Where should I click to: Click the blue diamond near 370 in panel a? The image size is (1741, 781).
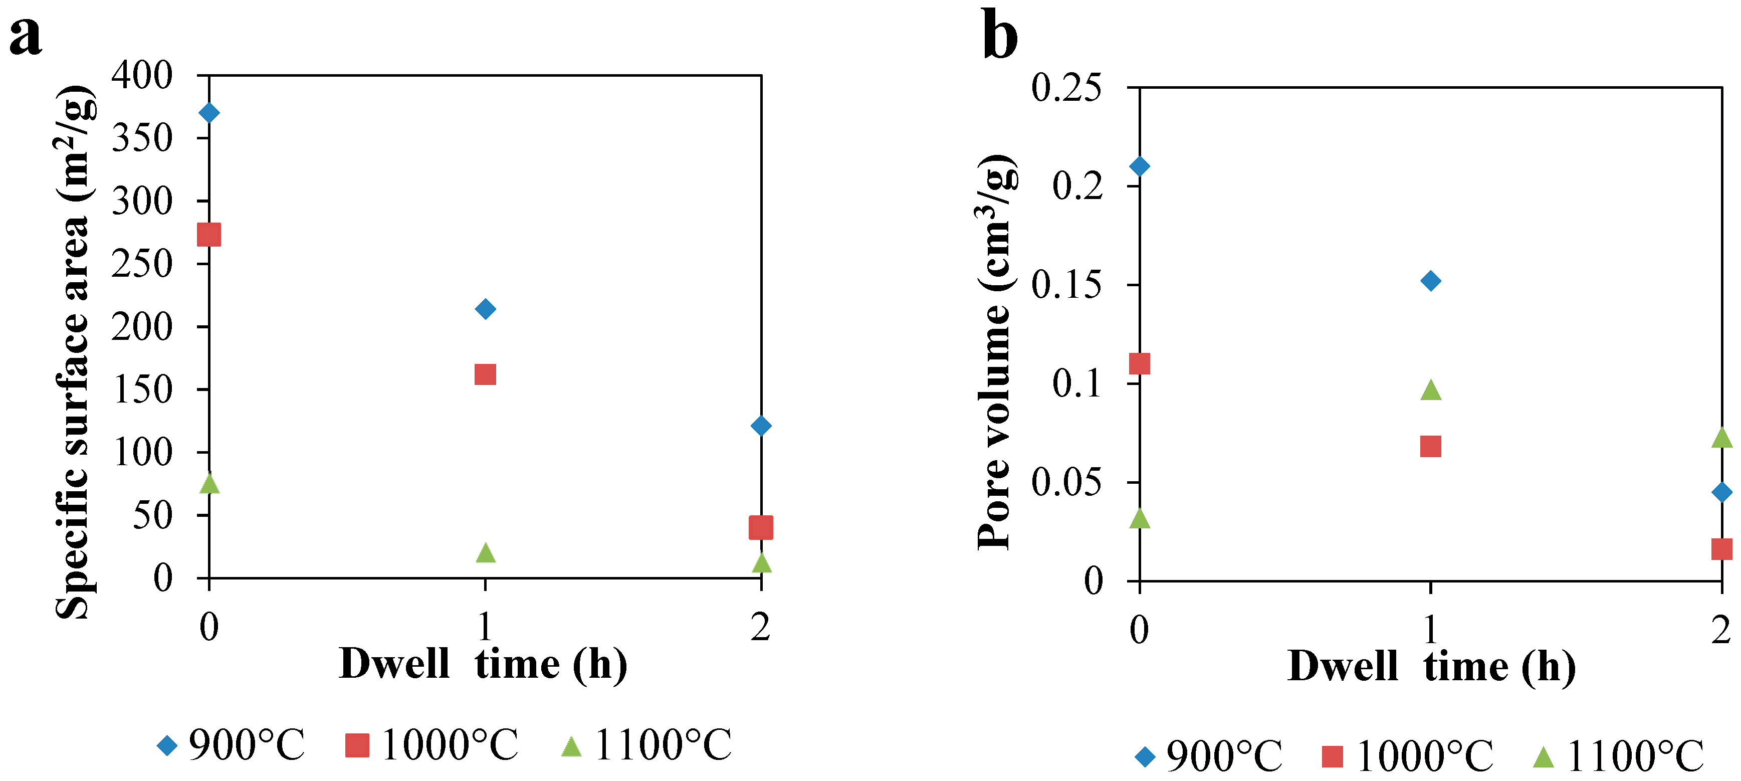tap(209, 112)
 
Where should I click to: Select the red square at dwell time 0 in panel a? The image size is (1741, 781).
tap(209, 235)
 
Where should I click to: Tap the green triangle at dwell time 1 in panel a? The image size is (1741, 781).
tap(485, 553)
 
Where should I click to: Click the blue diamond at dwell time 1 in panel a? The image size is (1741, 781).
tap(485, 309)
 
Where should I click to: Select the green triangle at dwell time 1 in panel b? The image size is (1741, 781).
tap(1430, 390)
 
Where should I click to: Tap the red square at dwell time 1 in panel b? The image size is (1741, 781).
tap(1430, 446)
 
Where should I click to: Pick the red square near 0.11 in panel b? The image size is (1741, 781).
tap(1140, 364)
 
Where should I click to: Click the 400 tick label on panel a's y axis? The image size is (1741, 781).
tap(142, 75)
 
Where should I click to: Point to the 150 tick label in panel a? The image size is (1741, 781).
tap(142, 389)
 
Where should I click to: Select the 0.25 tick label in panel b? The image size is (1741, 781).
tap(1066, 88)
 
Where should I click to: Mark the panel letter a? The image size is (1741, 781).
tap(25, 35)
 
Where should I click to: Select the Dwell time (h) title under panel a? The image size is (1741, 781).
tap(483, 664)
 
